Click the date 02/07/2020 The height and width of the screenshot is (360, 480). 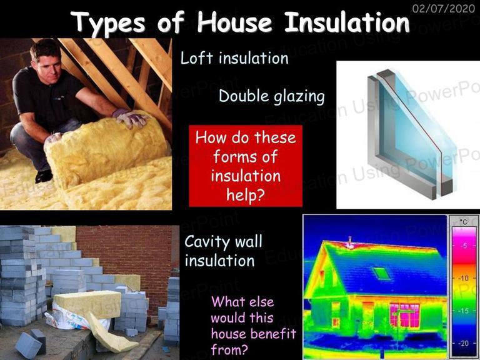[x=444, y=8]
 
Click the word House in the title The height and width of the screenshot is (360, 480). [x=234, y=22]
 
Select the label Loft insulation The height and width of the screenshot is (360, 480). [x=234, y=58]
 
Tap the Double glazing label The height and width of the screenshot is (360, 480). [x=271, y=96]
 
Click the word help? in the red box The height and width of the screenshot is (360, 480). [x=245, y=195]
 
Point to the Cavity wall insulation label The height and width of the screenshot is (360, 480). [x=224, y=251]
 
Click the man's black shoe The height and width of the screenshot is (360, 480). [x=44, y=176]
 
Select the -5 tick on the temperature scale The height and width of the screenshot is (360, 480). [x=465, y=246]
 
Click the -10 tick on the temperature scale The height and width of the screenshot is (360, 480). [x=463, y=278]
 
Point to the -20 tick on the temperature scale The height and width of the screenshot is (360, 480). [x=463, y=343]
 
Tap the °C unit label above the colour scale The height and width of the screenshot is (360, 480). [x=464, y=221]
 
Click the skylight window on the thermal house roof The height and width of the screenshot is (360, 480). [x=381, y=273]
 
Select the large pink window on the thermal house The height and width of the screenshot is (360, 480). [x=404, y=315]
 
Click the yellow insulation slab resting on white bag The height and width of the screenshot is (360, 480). [x=87, y=304]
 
